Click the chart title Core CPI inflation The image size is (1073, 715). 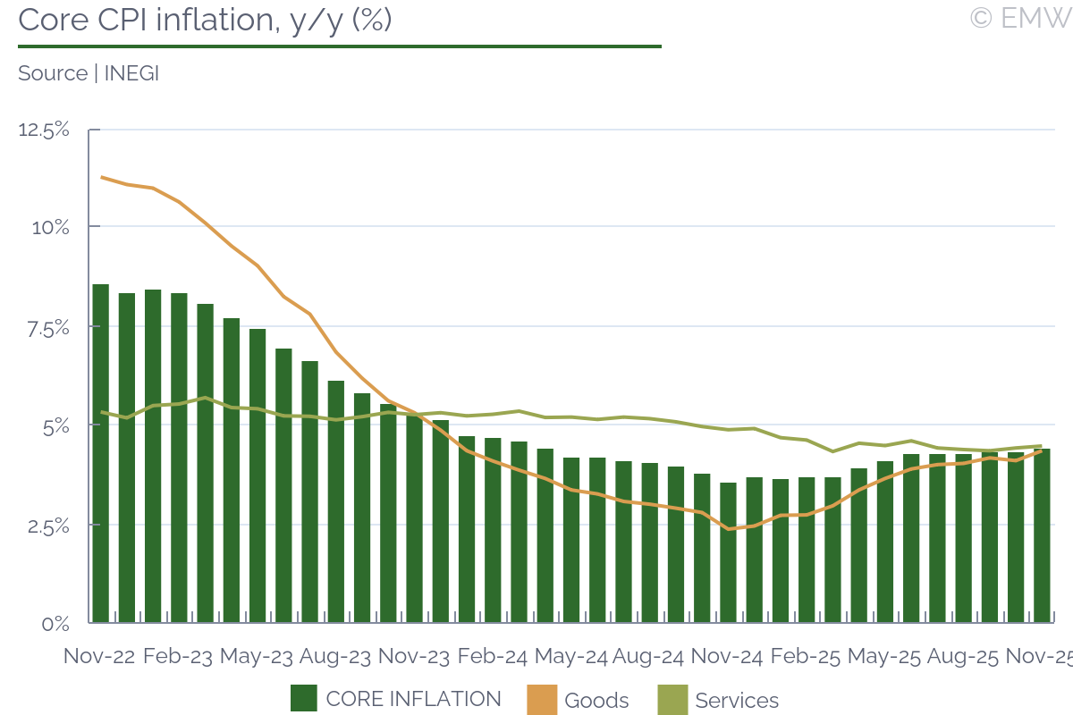(x=205, y=20)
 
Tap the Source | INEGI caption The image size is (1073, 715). (x=89, y=73)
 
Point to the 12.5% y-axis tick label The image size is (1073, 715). (x=44, y=130)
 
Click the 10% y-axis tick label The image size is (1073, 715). (x=50, y=227)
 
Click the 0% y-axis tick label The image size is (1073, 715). (x=55, y=623)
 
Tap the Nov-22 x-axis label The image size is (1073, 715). (x=99, y=656)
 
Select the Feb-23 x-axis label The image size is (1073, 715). (x=178, y=656)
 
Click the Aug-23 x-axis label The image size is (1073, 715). (x=335, y=656)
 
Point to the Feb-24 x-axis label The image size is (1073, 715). (x=492, y=656)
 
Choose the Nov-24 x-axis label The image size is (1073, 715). (x=727, y=656)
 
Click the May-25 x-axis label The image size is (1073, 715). (x=884, y=656)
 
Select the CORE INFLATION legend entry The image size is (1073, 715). (x=396, y=699)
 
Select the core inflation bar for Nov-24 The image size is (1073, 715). (x=728, y=552)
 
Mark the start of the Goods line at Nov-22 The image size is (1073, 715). (x=101, y=177)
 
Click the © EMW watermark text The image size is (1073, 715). (x=1019, y=18)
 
